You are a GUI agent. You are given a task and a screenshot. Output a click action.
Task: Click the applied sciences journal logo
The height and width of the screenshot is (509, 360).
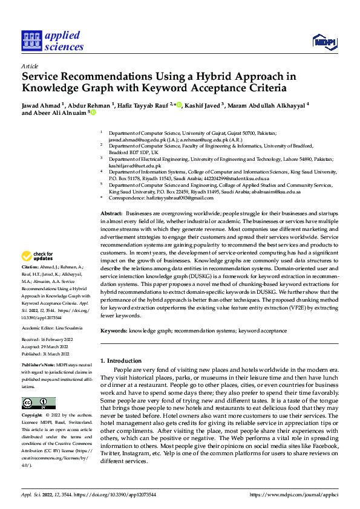click(52, 41)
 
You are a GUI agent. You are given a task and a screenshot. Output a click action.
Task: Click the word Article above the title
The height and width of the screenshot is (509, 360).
click(30, 66)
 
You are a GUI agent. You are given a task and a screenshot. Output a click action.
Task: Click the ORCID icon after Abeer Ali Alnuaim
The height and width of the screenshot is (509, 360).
click(93, 112)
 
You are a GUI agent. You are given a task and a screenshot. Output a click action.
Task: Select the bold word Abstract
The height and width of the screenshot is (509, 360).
click(111, 215)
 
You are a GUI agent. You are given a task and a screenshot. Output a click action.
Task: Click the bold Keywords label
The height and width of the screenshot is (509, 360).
click(114, 331)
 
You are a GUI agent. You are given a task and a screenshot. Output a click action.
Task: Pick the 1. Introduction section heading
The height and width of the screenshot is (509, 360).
click(120, 360)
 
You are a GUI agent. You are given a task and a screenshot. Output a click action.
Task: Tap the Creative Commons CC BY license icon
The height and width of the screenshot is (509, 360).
click(38, 403)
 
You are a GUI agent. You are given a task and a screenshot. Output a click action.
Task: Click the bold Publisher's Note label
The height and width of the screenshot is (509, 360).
click(38, 367)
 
